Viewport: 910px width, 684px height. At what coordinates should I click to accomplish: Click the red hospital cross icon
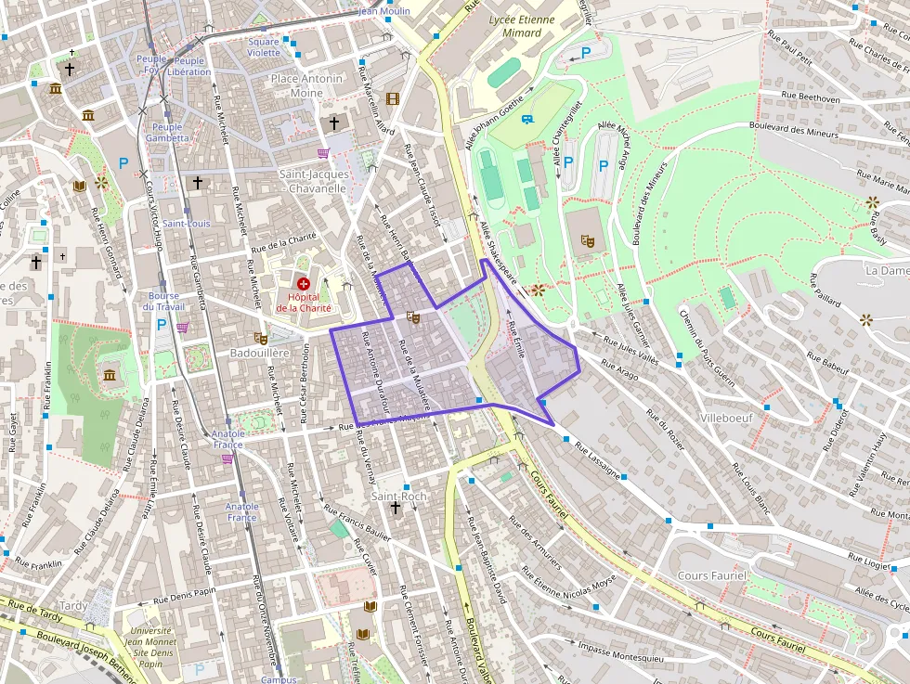tap(303, 282)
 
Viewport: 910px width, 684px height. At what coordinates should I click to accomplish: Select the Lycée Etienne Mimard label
tap(521, 26)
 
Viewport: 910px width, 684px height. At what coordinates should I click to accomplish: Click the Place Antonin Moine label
tap(306, 85)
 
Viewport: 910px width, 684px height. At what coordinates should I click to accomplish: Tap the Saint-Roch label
tap(398, 497)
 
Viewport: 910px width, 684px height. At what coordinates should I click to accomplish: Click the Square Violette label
tap(264, 47)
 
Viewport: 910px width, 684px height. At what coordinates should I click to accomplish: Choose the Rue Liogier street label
tap(868, 561)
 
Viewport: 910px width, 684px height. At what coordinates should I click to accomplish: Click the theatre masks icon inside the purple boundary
tap(413, 317)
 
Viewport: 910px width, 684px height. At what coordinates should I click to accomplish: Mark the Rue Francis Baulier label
tap(357, 523)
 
